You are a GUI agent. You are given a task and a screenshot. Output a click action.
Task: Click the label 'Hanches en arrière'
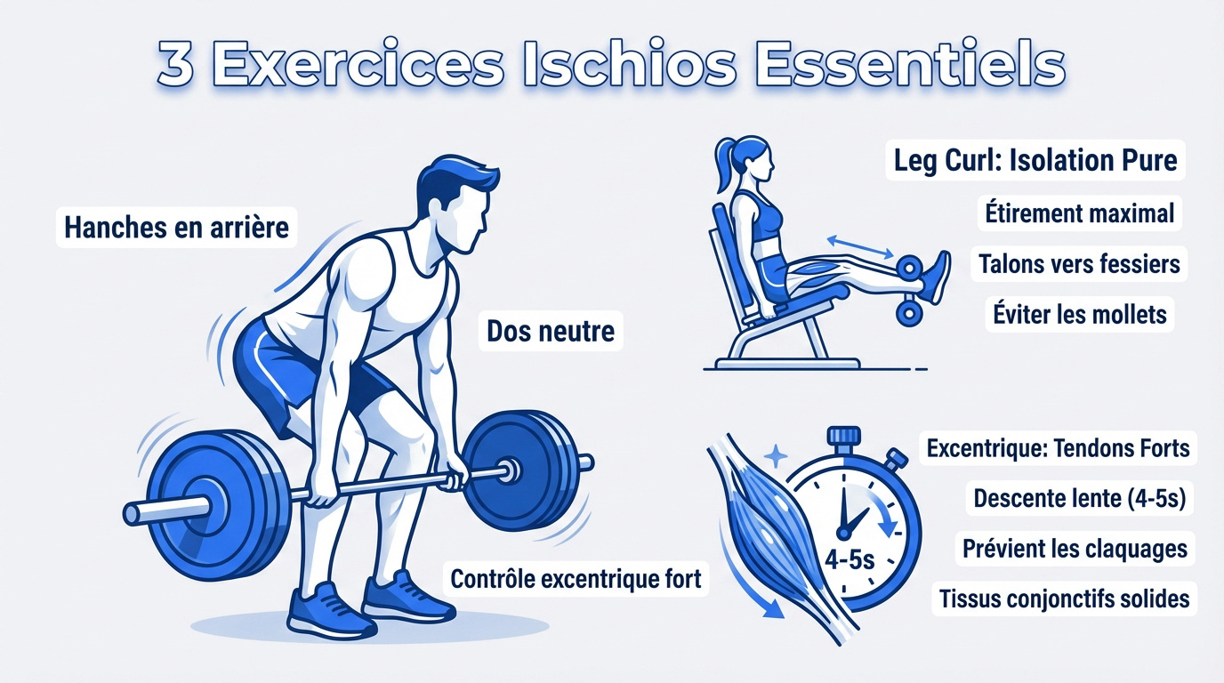tap(177, 227)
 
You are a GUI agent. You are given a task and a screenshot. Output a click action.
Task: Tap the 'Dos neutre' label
tap(551, 332)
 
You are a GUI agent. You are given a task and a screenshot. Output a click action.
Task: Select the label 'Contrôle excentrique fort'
tap(576, 579)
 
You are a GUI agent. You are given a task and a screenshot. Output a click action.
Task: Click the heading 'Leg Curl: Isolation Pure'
tap(1035, 160)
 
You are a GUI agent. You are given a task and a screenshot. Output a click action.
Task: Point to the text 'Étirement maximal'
tap(1079, 213)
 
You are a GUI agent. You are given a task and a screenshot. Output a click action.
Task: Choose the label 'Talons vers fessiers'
tap(1079, 263)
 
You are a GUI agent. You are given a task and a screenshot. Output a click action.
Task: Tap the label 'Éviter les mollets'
tap(1079, 313)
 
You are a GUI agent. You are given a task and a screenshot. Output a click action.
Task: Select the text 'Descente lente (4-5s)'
tap(1079, 498)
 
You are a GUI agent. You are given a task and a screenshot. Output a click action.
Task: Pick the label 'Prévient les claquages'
tap(1075, 548)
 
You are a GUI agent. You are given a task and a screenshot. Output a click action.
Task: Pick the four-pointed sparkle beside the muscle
tap(776, 455)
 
